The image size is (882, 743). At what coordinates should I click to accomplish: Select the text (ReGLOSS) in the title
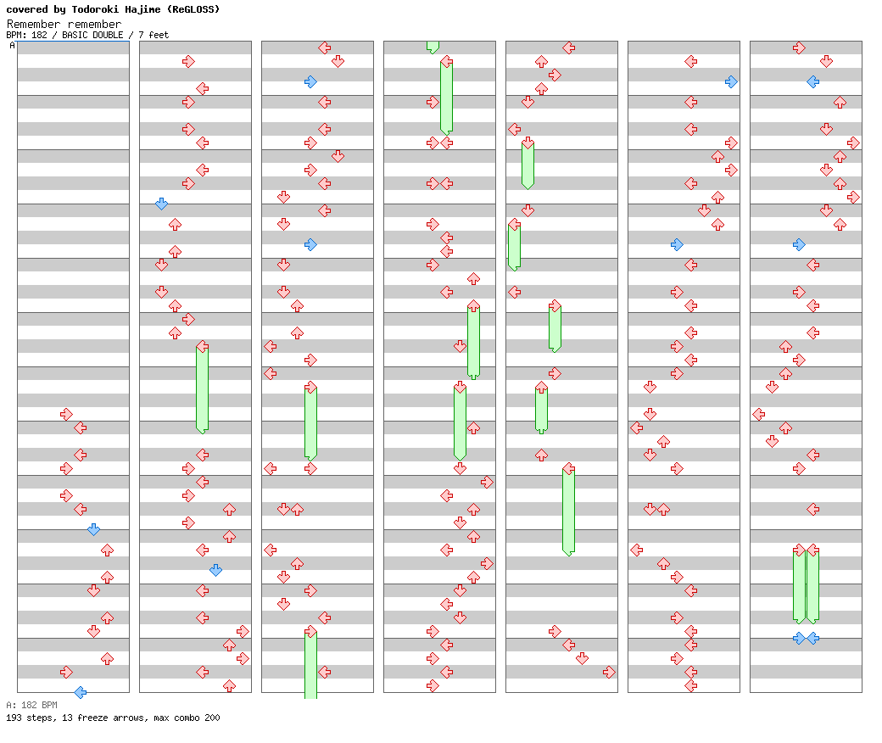point(193,9)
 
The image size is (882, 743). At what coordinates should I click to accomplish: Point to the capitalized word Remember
point(32,24)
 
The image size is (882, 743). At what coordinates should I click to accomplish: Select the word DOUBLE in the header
point(109,35)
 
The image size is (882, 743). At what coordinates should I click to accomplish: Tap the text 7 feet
point(154,35)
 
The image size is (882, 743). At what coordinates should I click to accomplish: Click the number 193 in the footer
point(14,718)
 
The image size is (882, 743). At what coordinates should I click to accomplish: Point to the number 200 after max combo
point(211,718)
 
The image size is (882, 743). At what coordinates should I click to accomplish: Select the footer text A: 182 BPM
point(31,705)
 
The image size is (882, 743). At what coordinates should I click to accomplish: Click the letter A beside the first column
point(13,46)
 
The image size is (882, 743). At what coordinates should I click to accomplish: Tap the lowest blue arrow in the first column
point(80,692)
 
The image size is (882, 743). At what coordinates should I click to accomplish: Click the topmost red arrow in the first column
point(66,414)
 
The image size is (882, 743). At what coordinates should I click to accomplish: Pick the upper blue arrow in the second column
point(161,204)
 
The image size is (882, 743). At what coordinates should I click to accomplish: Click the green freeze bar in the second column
point(202,388)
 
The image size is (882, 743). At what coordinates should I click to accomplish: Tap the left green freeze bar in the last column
point(799,587)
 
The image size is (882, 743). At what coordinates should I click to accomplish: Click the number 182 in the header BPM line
point(39,35)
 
